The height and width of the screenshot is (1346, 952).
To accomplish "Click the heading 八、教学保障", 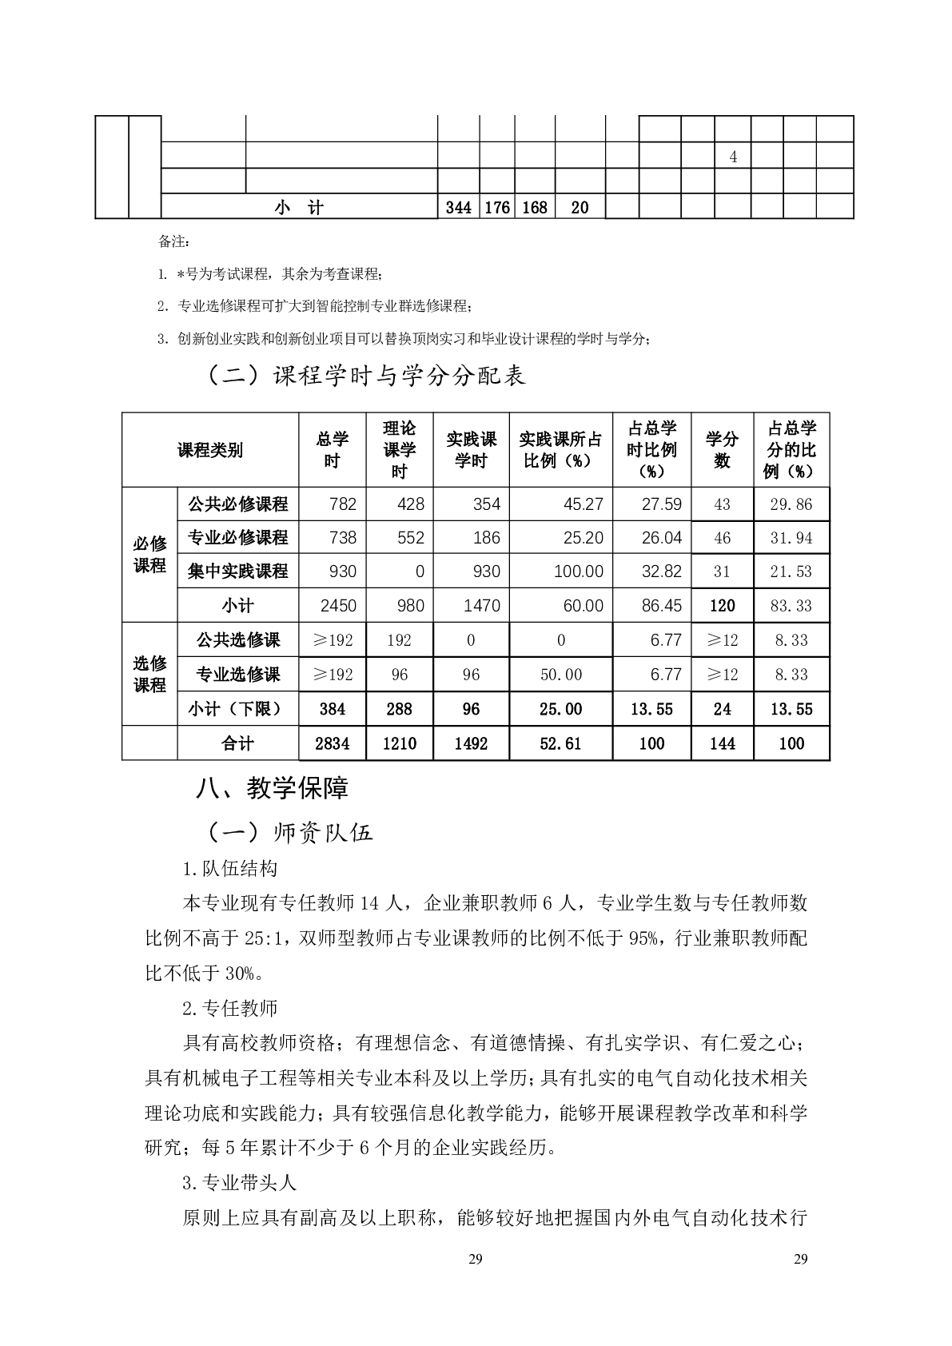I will (272, 789).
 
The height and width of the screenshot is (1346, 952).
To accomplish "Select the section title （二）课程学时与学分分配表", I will (365, 375).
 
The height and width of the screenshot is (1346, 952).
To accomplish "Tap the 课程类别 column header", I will (209, 450).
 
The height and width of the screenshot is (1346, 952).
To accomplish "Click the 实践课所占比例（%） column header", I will (560, 450).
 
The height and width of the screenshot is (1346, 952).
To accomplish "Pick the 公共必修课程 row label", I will (237, 504).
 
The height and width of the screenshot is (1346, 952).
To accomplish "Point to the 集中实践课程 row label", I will (237, 571).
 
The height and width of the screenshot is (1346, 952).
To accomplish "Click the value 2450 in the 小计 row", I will (338, 606).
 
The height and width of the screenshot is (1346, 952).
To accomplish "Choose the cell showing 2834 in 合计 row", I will (332, 743).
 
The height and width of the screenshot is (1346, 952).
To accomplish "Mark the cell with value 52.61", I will (560, 743).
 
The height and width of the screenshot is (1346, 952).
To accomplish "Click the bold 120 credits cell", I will (722, 606).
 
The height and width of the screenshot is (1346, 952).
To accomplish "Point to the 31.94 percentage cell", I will (791, 538).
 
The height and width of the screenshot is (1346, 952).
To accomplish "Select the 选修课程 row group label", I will (149, 674).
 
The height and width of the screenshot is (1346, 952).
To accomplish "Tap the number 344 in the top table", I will (458, 208).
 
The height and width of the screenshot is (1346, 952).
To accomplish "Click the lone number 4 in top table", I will (733, 157).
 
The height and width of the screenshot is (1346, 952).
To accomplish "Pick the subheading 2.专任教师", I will (230, 1008).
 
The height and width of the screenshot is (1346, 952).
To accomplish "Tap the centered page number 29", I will (476, 1260).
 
